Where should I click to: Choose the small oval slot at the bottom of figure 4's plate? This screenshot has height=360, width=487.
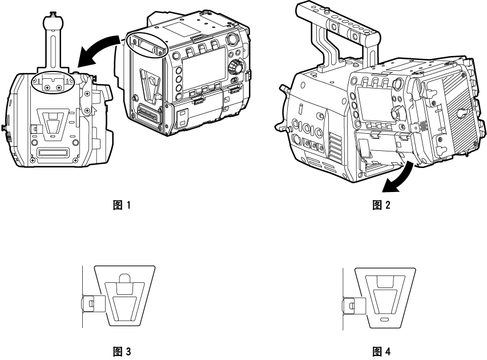(x=385, y=318)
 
